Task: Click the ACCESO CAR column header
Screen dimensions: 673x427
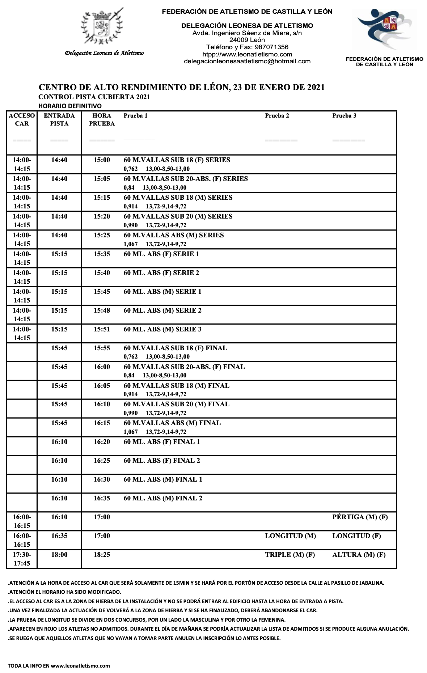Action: (22, 119)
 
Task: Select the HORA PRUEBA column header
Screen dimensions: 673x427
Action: (102, 119)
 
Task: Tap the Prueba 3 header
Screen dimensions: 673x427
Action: (344, 116)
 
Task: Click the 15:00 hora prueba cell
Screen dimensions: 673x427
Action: (102, 160)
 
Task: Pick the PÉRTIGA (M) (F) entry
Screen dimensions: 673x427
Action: (360, 517)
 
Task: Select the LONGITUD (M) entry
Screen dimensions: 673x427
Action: (290, 536)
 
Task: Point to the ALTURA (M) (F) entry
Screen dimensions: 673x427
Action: (359, 555)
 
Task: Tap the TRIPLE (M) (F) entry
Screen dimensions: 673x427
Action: (290, 555)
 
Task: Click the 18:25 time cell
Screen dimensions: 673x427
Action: (102, 555)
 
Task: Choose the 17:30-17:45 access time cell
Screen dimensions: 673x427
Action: (22, 559)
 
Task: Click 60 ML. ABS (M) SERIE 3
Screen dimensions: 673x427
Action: (162, 329)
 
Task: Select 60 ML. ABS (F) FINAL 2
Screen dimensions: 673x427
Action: (162, 461)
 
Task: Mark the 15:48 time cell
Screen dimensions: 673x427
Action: (102, 310)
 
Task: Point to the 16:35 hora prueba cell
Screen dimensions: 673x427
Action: (102, 498)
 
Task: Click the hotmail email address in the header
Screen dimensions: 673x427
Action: (247, 61)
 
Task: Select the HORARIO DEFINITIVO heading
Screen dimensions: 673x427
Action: (70, 106)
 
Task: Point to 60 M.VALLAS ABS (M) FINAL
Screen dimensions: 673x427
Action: (172, 423)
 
